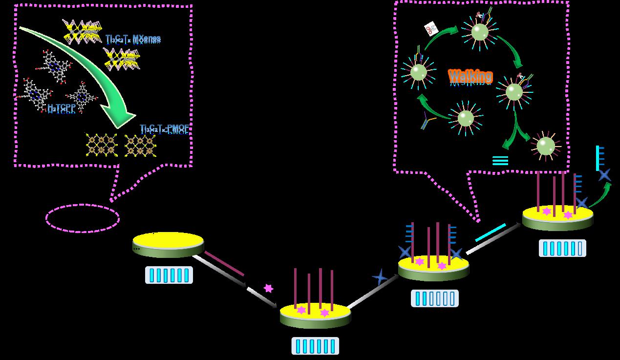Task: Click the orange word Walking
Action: pos(470,76)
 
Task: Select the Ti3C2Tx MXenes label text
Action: pos(133,38)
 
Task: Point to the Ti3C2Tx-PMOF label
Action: pos(164,128)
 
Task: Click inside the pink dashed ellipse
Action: pos(83,218)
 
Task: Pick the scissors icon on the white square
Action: pos(431,29)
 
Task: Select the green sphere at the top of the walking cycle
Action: pos(480,32)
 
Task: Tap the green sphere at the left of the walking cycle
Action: pos(418,72)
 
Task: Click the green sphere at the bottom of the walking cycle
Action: pos(466,118)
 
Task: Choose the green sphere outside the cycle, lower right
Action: pos(545,145)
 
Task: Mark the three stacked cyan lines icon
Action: pos(500,160)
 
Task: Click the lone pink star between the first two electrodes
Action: pos(268,288)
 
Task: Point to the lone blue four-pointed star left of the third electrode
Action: pos(380,277)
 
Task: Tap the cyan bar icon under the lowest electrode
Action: pos(315,346)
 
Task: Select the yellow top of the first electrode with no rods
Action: pos(168,240)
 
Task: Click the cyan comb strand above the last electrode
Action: pos(599,158)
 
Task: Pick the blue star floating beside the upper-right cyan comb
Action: pos(605,174)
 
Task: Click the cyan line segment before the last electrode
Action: pos(491,232)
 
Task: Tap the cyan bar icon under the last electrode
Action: pos(562,248)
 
